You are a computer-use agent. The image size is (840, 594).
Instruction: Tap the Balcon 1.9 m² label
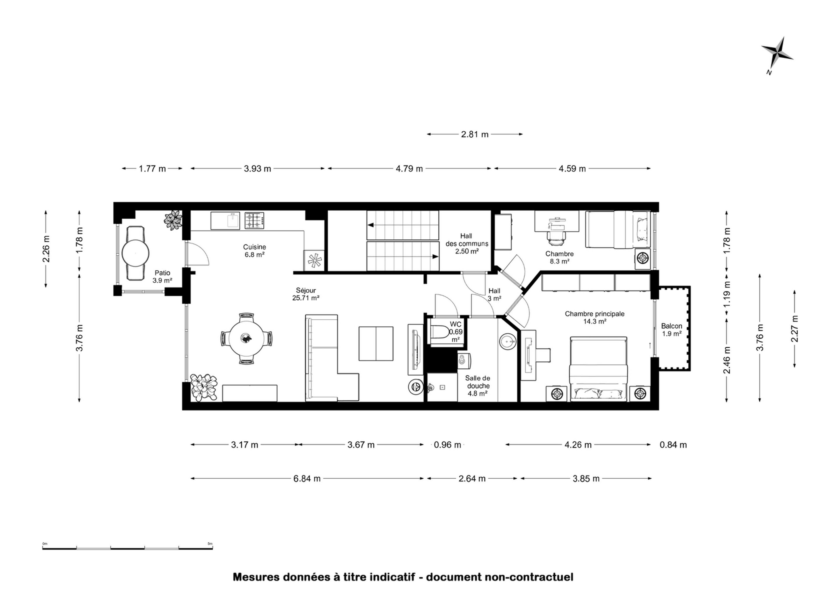pyautogui.click(x=672, y=329)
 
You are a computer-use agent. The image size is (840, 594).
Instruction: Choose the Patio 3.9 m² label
pyautogui.click(x=162, y=277)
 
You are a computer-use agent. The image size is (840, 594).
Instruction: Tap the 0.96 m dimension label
pyautogui.click(x=447, y=445)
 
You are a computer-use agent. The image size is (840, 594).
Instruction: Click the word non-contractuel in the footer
pyautogui.click(x=529, y=577)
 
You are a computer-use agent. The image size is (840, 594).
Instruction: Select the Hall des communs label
pyautogui.click(x=467, y=244)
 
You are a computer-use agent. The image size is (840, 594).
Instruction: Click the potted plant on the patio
pyautogui.click(x=173, y=220)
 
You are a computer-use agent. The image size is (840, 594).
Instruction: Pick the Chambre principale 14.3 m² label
pyautogui.click(x=594, y=317)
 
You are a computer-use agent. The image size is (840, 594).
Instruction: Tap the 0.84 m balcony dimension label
pyautogui.click(x=673, y=445)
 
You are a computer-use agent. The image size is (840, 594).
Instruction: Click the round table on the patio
pyautogui.click(x=135, y=253)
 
